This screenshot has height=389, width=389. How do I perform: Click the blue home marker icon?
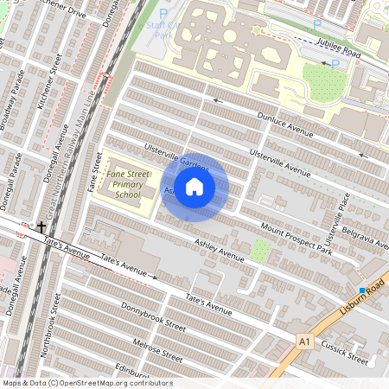[194, 187]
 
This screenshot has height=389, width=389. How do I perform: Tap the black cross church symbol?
[41, 227]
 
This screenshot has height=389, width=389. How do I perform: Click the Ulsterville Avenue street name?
[278, 161]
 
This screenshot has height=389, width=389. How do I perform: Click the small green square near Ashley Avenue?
[260, 252]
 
